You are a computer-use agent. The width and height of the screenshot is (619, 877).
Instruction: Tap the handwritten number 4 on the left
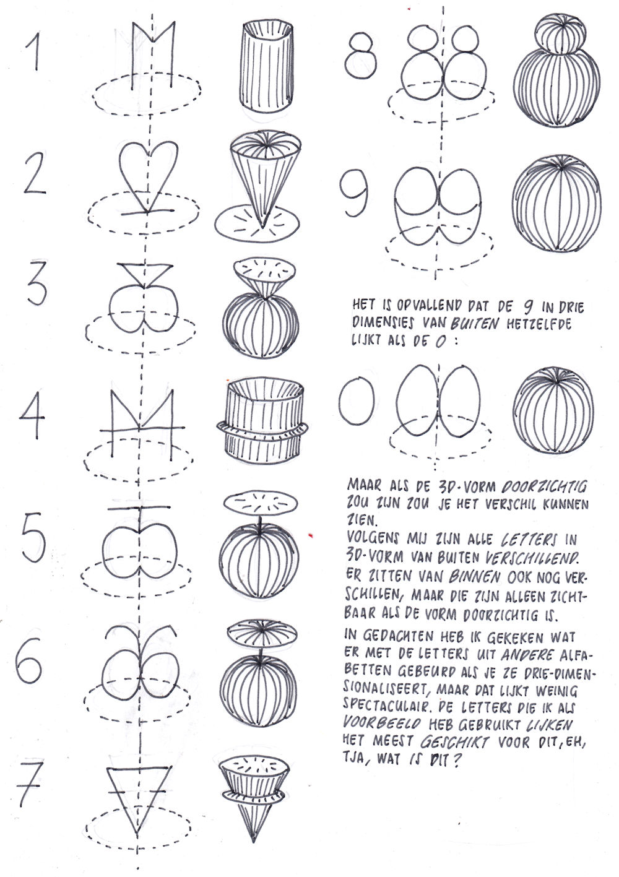[32, 415]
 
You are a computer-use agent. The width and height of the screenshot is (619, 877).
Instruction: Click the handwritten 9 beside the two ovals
[353, 192]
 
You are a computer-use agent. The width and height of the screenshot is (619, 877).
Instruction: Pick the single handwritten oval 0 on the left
[356, 404]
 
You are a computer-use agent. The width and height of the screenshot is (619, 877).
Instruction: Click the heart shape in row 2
[148, 165]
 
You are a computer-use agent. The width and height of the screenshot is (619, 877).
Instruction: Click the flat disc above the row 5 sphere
[261, 503]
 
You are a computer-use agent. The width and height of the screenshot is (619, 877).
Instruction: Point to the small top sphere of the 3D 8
[560, 34]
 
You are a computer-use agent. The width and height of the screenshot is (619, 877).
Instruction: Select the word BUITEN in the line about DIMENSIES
[475, 323]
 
